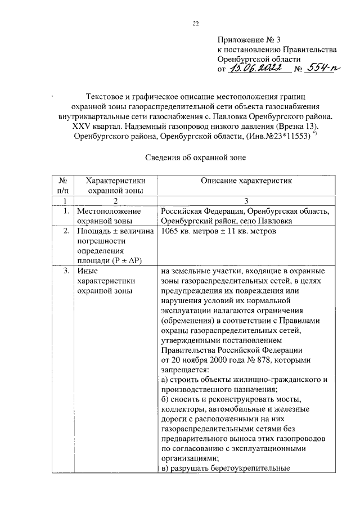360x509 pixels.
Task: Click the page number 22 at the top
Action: [x=195, y=23]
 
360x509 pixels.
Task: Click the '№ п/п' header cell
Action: [x=64, y=185]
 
